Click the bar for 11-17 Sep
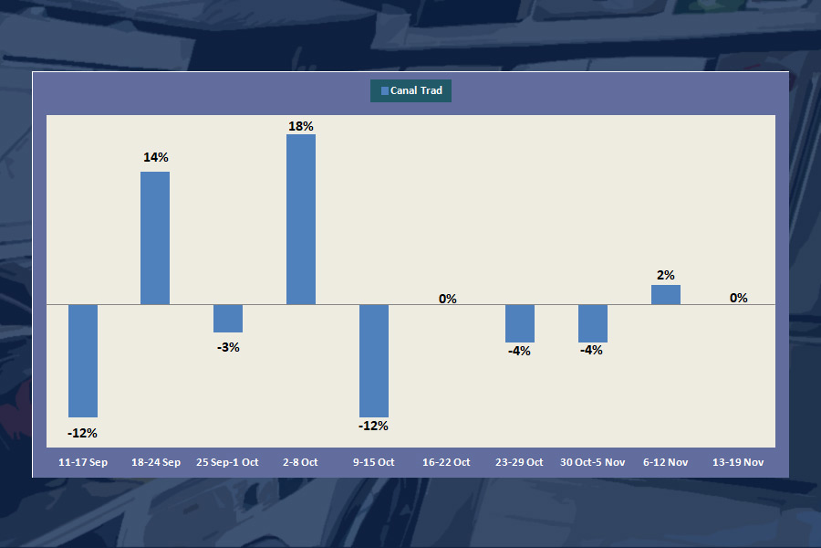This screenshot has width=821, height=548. coord(83,361)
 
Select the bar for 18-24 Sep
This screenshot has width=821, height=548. coord(155,237)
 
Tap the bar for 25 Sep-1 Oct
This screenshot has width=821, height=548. coord(228,318)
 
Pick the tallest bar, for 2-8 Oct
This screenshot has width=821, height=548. coord(301,219)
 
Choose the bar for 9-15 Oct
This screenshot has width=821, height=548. coord(374,361)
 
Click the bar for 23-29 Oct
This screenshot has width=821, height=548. coord(520,323)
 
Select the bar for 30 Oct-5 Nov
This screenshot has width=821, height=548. coord(593,323)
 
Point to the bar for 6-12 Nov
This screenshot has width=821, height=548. coord(666,294)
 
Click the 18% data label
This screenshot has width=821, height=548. coord(301,126)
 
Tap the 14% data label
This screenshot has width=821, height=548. coord(155,157)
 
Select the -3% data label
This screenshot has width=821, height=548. coord(228,347)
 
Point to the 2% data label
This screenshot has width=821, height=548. coord(666,275)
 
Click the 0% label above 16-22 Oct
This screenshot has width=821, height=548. coord(447,298)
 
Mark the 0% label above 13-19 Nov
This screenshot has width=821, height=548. coord(739,298)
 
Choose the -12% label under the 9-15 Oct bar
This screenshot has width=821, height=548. coord(374,426)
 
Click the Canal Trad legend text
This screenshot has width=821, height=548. coord(417,90)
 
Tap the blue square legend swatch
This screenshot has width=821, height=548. coord(384,90)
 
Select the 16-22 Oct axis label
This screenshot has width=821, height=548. coord(446,462)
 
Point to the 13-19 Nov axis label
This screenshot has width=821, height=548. coord(738,462)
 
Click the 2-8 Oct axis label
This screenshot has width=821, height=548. coord(301,462)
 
